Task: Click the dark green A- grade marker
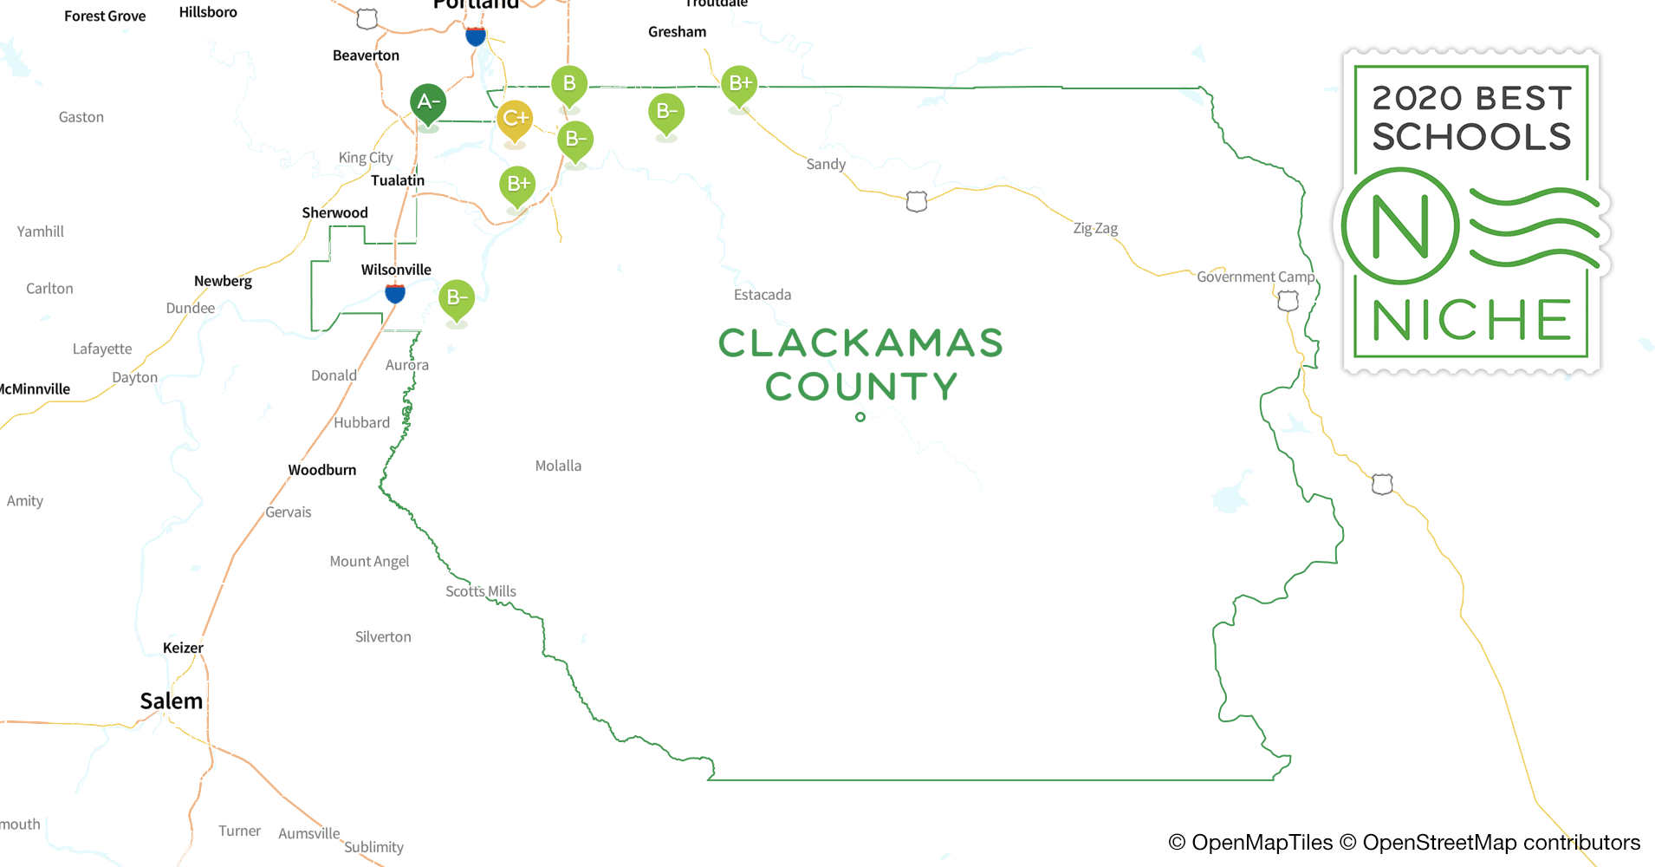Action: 427,102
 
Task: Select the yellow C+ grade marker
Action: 515,119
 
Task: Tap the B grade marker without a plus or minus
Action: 569,84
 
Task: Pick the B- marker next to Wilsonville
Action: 457,298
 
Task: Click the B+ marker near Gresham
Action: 739,84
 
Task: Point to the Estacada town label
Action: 763,295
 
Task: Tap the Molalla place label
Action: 558,466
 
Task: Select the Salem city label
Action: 172,701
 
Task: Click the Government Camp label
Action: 1256,277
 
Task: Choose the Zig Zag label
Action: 1095,228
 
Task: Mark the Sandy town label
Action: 826,164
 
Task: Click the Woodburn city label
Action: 322,470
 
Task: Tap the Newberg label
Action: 223,281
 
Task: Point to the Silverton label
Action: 383,636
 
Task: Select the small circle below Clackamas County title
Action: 860,417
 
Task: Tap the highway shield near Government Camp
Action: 1288,301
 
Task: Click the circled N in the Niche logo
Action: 1400,227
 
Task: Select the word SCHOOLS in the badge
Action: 1471,137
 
